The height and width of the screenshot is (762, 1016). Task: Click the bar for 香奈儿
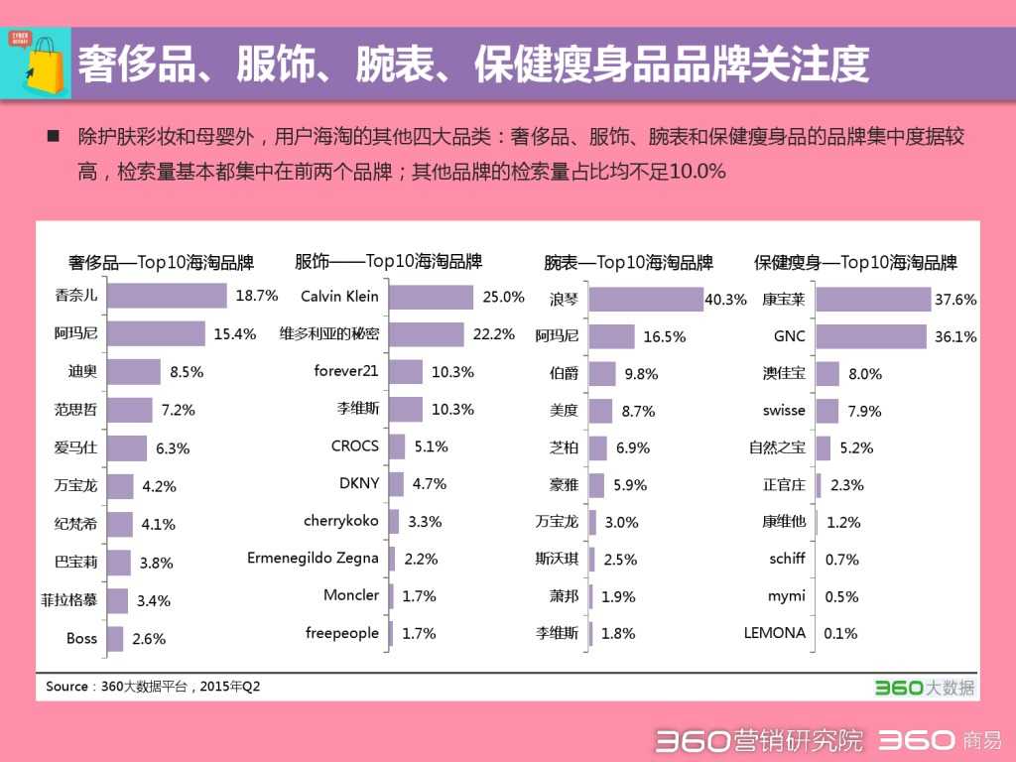pyautogui.click(x=167, y=296)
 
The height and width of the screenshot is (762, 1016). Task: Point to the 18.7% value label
pyautogui.click(x=257, y=296)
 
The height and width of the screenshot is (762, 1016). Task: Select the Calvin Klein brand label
pyautogui.click(x=339, y=296)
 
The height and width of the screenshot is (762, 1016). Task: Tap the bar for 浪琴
pyautogui.click(x=645, y=299)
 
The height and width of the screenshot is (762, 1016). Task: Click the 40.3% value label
pyautogui.click(x=725, y=299)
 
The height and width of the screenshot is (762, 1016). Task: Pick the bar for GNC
pyautogui.click(x=870, y=336)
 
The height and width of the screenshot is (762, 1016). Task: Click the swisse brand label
pyautogui.click(x=784, y=410)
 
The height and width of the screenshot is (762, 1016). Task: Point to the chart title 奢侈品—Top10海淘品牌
pyautogui.click(x=161, y=263)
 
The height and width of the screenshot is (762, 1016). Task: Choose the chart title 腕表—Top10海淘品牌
pyautogui.click(x=628, y=263)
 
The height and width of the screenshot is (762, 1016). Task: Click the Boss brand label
pyautogui.click(x=81, y=638)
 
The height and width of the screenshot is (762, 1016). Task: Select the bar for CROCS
pyautogui.click(x=397, y=446)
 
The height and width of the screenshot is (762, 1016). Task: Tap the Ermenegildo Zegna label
pyautogui.click(x=313, y=558)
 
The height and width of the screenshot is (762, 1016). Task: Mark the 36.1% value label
pyautogui.click(x=955, y=336)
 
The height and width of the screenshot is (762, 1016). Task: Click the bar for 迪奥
pyautogui.click(x=133, y=372)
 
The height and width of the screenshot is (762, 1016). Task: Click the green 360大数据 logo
pyautogui.click(x=925, y=687)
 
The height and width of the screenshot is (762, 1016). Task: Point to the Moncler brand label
pyautogui.click(x=351, y=595)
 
